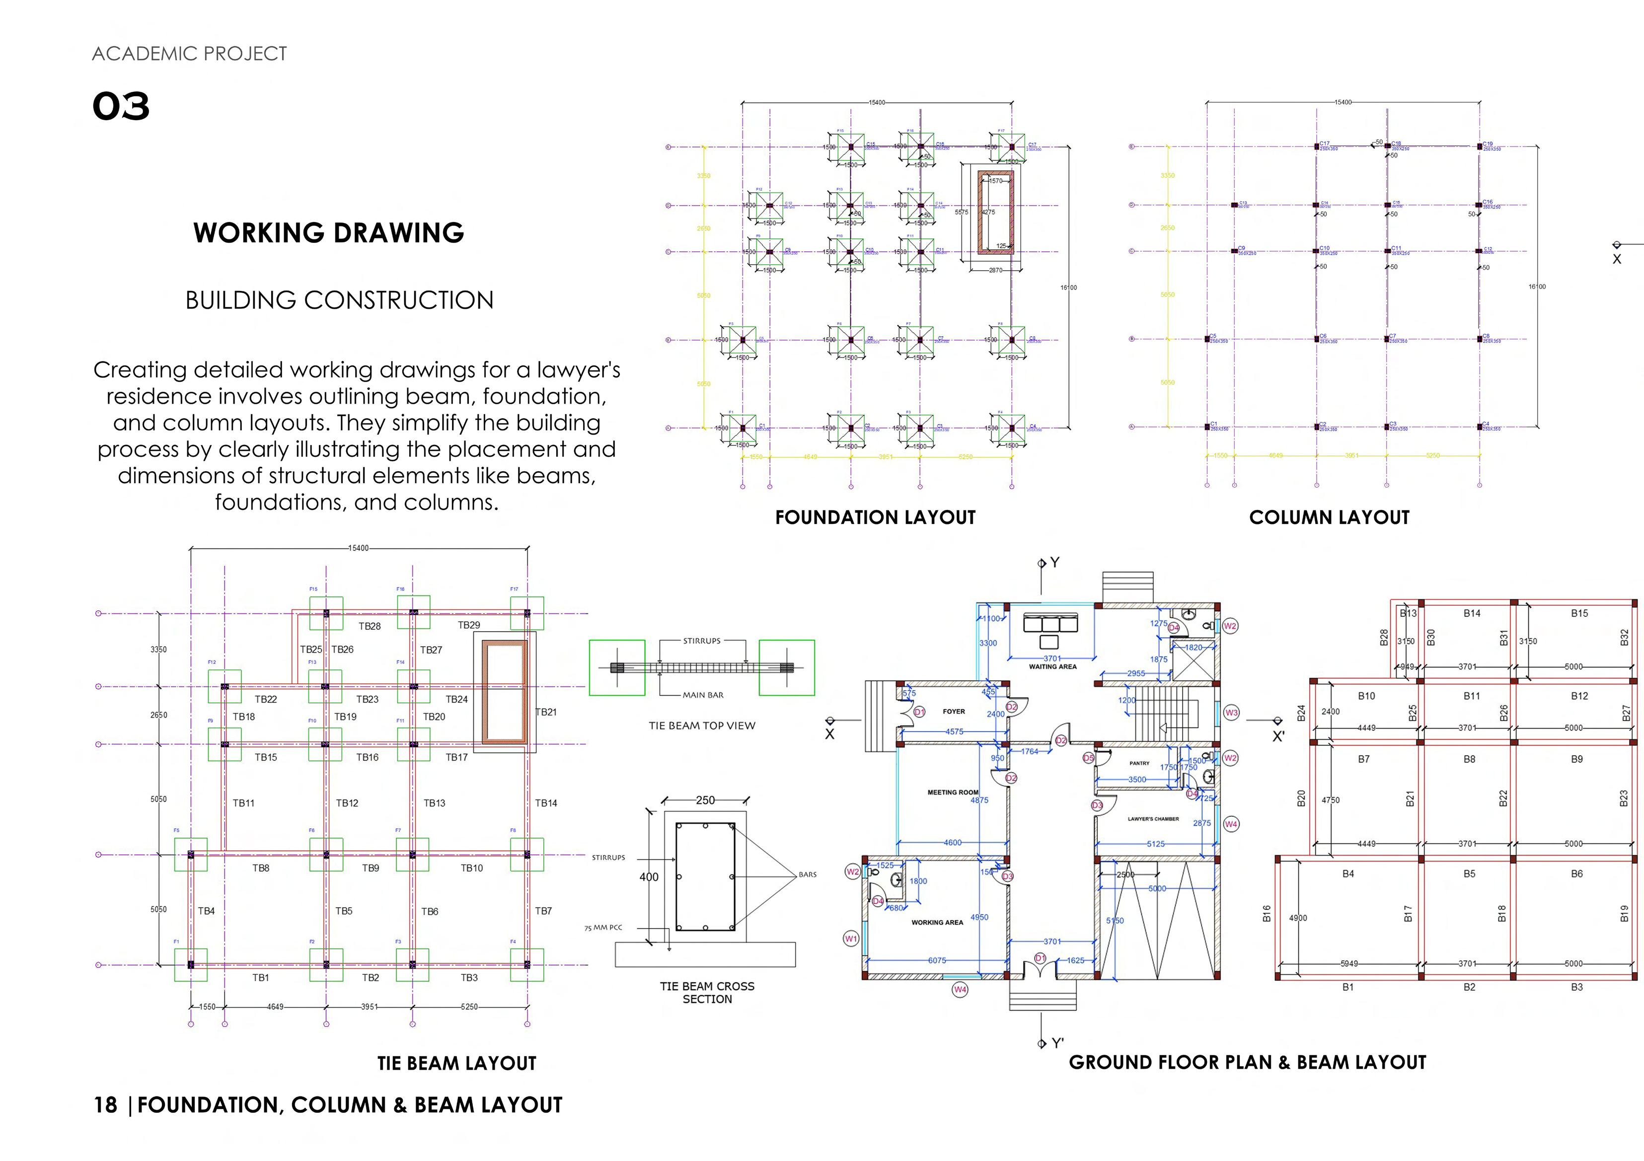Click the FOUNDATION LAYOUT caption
(875, 517)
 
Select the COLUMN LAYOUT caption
(1329, 517)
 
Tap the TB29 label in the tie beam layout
(469, 625)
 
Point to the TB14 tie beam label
(546, 803)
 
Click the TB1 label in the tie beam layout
(261, 978)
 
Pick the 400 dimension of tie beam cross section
(649, 877)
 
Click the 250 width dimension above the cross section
(705, 800)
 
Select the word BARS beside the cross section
(807, 874)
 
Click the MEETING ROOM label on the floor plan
(952, 793)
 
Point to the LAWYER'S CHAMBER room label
(1153, 819)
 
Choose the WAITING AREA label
(1052, 666)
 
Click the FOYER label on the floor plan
(954, 712)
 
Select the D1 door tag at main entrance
(1041, 958)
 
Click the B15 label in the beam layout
(1579, 613)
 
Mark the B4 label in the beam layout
(1348, 874)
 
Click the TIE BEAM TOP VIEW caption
(702, 726)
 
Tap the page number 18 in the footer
(105, 1105)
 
